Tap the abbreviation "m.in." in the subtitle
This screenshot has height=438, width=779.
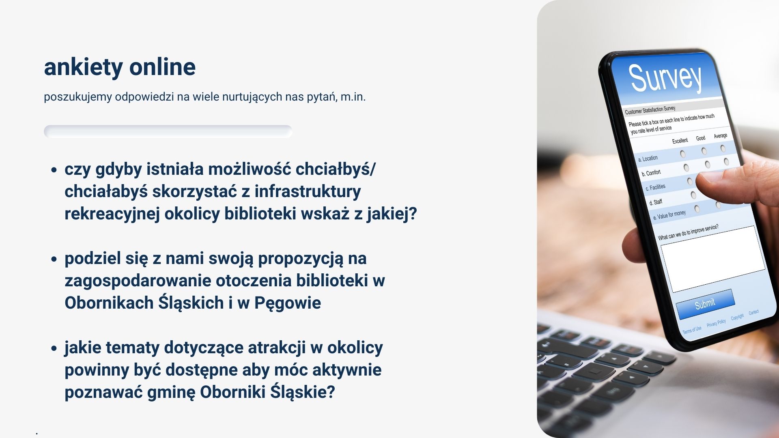(x=353, y=97)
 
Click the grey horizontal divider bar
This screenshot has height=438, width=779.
(x=168, y=131)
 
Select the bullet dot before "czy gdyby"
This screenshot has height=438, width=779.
(x=54, y=170)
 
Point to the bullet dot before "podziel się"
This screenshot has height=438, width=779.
(x=54, y=259)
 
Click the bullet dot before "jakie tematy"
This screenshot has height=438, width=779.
(x=54, y=348)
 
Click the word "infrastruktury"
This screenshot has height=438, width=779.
(x=308, y=192)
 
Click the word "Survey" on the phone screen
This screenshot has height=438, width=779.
(x=665, y=77)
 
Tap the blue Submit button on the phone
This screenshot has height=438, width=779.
(x=705, y=304)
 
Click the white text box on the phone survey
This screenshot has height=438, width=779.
(x=713, y=259)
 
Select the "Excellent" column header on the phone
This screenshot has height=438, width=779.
(x=680, y=141)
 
